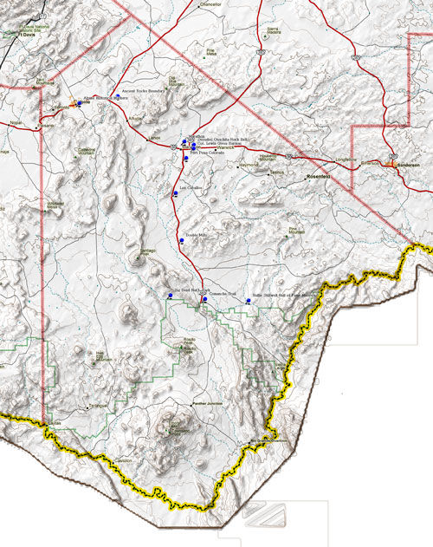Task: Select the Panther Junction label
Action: (x=209, y=403)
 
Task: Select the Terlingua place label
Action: (x=99, y=405)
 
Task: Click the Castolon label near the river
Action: (x=123, y=460)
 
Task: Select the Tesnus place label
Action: (x=276, y=171)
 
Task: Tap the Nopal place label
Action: (x=16, y=123)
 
